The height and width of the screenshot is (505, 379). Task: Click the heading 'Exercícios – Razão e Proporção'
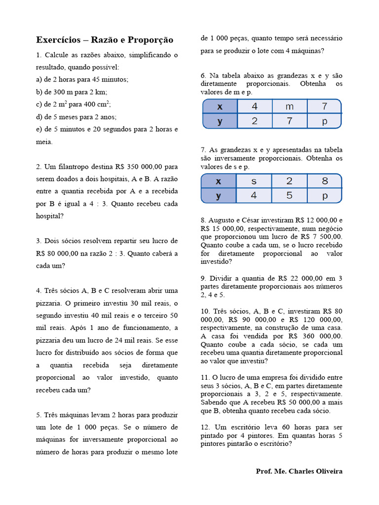(105, 39)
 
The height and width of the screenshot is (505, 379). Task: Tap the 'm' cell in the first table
(289, 107)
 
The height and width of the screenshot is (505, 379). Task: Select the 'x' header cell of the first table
(220, 107)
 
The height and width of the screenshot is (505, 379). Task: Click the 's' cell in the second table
(254, 181)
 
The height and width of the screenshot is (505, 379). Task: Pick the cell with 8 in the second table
(324, 181)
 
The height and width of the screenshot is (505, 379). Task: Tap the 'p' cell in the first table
(324, 121)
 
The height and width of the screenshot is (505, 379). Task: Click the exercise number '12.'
(205, 427)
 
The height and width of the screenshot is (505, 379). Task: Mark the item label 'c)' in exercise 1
(39, 104)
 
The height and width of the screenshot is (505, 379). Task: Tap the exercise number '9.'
(203, 278)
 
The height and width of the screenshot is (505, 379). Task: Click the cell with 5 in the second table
(289, 195)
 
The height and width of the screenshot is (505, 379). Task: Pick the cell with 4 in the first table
(255, 107)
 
